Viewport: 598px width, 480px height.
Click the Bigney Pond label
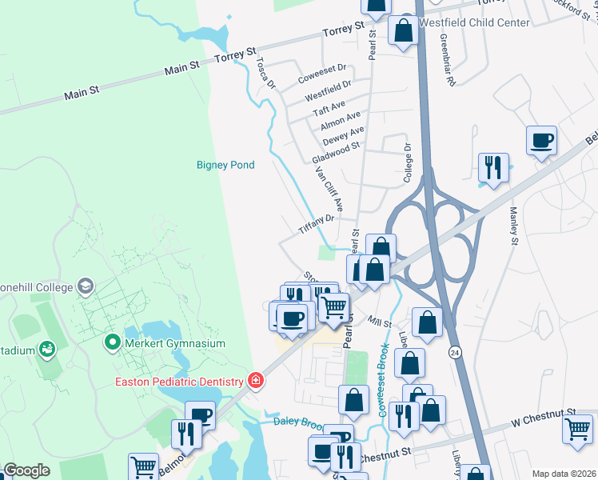coord(225,166)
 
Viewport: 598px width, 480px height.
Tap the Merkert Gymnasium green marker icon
coord(113,343)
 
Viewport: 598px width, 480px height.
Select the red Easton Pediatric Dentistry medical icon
coord(255,380)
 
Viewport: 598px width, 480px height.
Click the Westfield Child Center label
coord(474,22)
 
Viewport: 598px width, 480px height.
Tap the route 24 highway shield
coord(455,351)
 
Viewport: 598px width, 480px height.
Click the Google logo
coord(26,470)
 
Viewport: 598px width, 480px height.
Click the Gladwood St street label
coord(337,150)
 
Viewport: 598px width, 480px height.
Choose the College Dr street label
coord(408,158)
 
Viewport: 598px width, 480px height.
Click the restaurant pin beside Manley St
coord(492,168)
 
